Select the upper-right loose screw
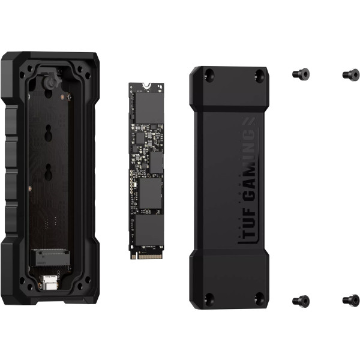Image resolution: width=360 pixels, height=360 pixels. [x=350, y=74]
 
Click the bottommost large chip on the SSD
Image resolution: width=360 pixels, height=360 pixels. [x=148, y=230]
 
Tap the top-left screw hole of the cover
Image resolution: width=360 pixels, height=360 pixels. [x=208, y=76]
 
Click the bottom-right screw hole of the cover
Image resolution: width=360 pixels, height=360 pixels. [x=259, y=298]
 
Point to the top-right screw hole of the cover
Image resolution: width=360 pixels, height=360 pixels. [x=259, y=76]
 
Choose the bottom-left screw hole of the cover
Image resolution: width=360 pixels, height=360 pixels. [x=208, y=298]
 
